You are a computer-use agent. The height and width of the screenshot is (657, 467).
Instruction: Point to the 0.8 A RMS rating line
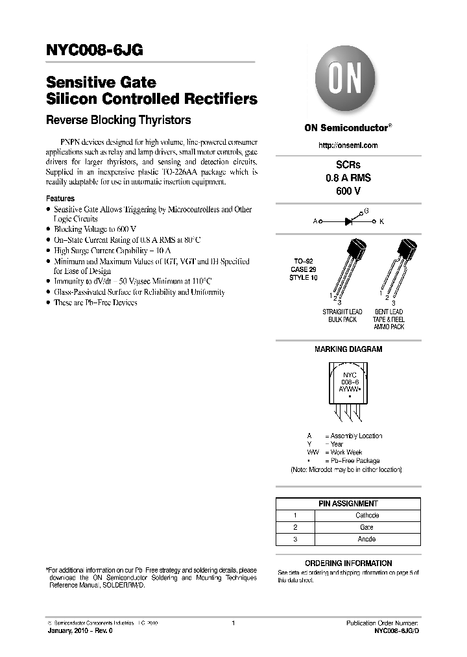point(348,178)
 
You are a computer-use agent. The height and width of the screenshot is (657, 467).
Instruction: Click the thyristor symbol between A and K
point(348,221)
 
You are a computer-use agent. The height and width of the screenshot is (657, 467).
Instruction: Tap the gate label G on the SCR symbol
point(366,212)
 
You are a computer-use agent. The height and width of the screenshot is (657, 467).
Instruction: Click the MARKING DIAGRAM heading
point(348,349)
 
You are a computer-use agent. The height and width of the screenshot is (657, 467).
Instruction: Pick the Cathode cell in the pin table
point(367,515)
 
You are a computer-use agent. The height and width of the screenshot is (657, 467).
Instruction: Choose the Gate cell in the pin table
point(367,527)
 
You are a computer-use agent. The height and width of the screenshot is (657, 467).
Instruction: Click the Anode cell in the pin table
point(367,539)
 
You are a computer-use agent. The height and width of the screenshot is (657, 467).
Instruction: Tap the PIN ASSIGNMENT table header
point(348,503)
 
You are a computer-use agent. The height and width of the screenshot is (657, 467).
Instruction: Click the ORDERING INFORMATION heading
point(348,563)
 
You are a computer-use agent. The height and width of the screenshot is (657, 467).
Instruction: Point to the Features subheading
point(60,199)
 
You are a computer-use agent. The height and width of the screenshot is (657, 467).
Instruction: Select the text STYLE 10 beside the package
point(304,277)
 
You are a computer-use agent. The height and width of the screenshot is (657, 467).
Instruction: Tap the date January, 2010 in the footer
point(68,631)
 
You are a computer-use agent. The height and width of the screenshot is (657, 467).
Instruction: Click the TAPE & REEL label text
point(389,319)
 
